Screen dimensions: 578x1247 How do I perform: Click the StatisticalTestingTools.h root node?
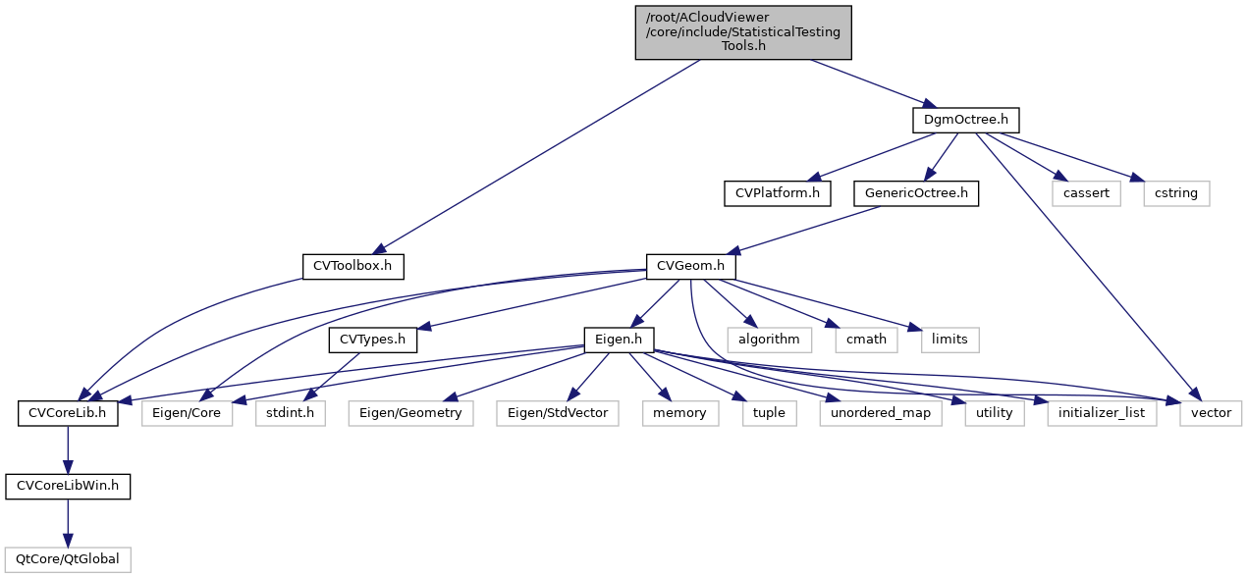point(743,32)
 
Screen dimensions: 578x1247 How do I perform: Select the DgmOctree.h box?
point(965,120)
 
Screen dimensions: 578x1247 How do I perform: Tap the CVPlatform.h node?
point(777,193)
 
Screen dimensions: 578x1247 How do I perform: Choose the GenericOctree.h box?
point(915,193)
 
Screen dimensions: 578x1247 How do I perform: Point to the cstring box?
point(1176,193)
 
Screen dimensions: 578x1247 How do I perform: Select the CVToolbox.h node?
point(352,266)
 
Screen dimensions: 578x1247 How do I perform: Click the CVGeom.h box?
point(690,266)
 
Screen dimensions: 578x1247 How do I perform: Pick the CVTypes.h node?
point(372,340)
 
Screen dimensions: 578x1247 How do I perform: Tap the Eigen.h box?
point(620,340)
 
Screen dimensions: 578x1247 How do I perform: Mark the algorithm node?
point(770,340)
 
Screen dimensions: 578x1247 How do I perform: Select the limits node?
point(949,340)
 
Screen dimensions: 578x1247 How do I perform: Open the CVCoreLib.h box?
point(68,413)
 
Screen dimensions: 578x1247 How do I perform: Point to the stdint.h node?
point(290,413)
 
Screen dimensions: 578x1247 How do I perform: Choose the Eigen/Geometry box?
point(410,413)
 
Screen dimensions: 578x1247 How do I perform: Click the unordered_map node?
point(881,413)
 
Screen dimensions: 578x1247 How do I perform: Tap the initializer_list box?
point(1102,413)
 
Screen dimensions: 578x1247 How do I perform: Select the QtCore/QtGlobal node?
point(68,559)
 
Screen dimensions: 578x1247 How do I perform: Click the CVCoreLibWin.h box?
point(68,486)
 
